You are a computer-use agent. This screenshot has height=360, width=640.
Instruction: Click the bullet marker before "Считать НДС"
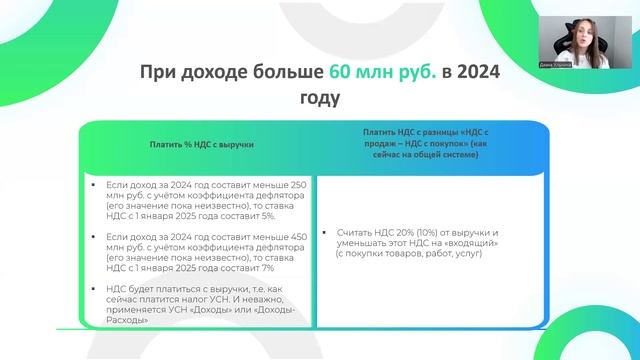[327, 232]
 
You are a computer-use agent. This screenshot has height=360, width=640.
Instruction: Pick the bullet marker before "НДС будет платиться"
[94, 287]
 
